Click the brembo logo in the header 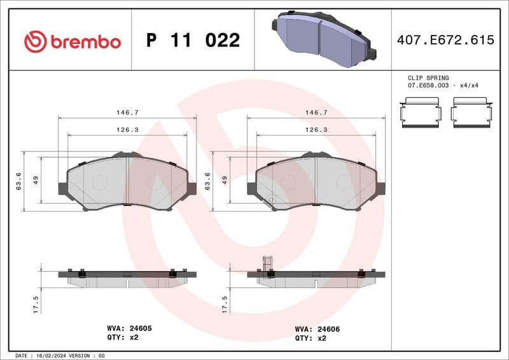72,41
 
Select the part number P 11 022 193,41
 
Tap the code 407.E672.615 445,40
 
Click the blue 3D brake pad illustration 322,39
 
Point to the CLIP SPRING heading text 428,78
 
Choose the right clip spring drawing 472,113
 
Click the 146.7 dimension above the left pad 127,112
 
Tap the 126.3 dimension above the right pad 316,129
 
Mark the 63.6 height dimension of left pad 18,181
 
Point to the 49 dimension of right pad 225,181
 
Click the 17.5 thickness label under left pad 36,303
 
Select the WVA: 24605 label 129,328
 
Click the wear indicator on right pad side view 267,263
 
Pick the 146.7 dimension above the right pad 316,112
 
